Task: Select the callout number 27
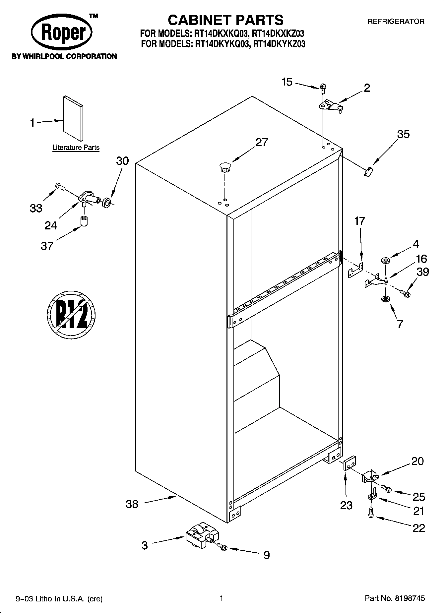point(262,142)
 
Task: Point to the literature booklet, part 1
point(73,118)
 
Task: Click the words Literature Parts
point(76,148)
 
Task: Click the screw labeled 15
point(323,88)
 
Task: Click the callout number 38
point(132,504)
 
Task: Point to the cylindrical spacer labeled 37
point(85,221)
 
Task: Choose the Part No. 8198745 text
point(394,598)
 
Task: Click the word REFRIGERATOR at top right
point(396,22)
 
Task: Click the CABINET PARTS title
point(225,20)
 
